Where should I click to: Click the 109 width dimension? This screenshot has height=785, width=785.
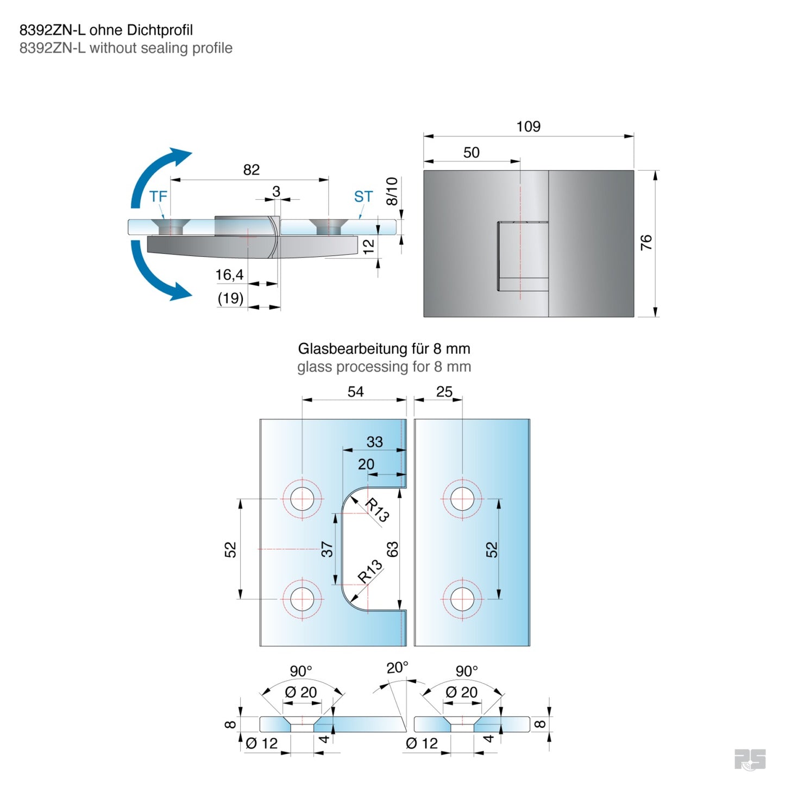528,127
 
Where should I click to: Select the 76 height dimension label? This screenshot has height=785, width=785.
646,242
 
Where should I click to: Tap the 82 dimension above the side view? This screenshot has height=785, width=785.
251,170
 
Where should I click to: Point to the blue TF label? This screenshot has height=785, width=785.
158,197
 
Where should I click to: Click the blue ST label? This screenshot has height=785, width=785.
363,197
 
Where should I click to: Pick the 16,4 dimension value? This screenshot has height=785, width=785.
229,275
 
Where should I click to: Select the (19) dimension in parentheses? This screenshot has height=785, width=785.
230,298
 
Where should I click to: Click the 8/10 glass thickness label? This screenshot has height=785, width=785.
392,191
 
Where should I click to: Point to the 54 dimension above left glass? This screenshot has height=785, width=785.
355,392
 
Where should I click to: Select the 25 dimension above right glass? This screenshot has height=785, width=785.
444,392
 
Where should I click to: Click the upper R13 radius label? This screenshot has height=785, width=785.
376,510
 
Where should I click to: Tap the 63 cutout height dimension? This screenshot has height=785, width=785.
392,549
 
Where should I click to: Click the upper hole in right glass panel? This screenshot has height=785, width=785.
462,499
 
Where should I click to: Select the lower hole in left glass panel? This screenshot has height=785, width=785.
302,599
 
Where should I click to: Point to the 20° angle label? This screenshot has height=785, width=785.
397,668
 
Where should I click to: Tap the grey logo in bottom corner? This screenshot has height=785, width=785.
750,759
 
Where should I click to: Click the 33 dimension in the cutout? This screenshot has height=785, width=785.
374,442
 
